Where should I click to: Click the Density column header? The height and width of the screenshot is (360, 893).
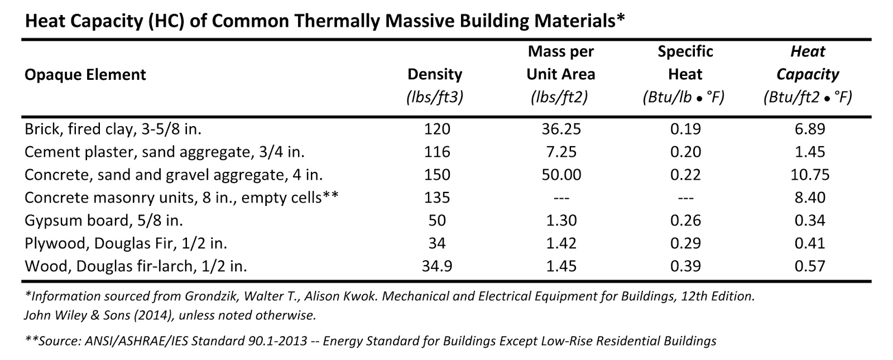(435, 74)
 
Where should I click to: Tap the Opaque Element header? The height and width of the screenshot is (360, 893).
(85, 75)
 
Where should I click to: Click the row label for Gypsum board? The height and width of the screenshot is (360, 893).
(104, 220)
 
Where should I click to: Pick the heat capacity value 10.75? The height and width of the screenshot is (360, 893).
(809, 175)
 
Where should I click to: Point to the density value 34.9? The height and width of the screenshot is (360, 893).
(437, 266)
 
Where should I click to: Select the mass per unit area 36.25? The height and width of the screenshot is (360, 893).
(561, 129)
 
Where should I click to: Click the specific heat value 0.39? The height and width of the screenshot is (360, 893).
(685, 266)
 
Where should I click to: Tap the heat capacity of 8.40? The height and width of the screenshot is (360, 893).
(809, 198)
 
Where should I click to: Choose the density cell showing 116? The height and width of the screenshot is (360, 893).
(437, 152)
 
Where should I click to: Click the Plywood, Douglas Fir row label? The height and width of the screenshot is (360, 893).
(126, 243)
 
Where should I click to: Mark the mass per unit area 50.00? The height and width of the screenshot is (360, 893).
(561, 175)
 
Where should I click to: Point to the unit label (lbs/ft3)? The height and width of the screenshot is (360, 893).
(435, 98)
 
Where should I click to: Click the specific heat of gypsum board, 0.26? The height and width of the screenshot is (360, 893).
(685, 220)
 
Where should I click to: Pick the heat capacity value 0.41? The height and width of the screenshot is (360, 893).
(809, 243)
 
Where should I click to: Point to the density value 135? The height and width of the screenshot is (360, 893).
(437, 198)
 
